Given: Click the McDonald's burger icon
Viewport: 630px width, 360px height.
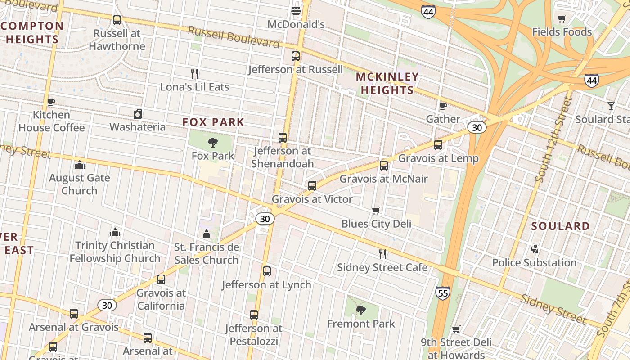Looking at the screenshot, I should pos(296,10).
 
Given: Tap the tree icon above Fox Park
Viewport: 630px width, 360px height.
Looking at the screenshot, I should pos(213,143).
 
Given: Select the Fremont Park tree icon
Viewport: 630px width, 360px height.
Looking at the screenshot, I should pos(360,310).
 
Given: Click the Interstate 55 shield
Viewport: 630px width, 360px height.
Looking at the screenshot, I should pos(442,293).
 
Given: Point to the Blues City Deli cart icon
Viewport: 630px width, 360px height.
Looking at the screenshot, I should pos(376,211).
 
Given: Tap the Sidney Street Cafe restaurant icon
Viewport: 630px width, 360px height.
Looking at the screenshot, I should pos(382,254).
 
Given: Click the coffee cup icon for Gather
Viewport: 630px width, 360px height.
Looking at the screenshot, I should pos(443,106).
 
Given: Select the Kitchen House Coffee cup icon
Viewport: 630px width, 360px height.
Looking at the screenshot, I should pos(51,102).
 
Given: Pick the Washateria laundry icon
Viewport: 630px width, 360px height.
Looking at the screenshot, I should pos(138,114).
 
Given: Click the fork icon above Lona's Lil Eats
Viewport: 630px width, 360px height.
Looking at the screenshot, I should pos(194,73).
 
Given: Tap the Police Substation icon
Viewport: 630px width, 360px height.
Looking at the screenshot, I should pos(534,249).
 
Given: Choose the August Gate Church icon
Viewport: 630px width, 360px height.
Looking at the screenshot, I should pos(80,165).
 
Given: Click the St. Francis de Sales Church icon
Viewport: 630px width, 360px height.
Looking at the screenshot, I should pos(207,234).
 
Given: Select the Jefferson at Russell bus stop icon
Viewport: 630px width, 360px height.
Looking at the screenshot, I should pos(295,56).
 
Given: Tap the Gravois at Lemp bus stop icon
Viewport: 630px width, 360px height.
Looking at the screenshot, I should pos(438,145).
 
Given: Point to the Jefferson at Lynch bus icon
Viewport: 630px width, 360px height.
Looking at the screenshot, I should pos(267,271).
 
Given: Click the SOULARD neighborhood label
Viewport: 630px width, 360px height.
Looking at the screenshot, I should pos(560,226).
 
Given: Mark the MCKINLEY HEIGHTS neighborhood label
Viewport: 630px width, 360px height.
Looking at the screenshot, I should pos(387,83).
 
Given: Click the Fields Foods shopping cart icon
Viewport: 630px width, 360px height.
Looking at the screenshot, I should pos(562,19).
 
